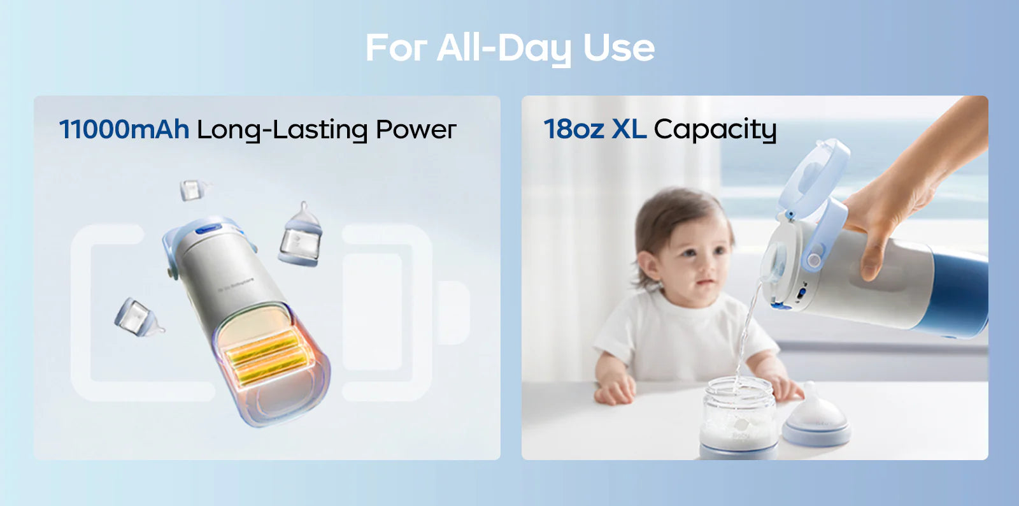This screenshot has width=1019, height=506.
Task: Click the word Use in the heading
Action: coord(618,47)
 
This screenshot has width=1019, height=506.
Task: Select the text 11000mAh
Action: coord(124,129)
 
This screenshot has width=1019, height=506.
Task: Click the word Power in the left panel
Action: coord(416,129)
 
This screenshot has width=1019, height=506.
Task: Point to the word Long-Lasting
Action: coord(282,131)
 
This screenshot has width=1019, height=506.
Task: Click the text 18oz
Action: coord(574,129)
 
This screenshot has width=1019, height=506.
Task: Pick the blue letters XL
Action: coord(629,129)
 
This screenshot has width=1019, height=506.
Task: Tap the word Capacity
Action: coord(715,131)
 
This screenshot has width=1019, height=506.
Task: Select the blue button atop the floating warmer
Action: coord(208,229)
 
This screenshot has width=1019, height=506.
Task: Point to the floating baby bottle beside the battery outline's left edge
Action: coord(138,317)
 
